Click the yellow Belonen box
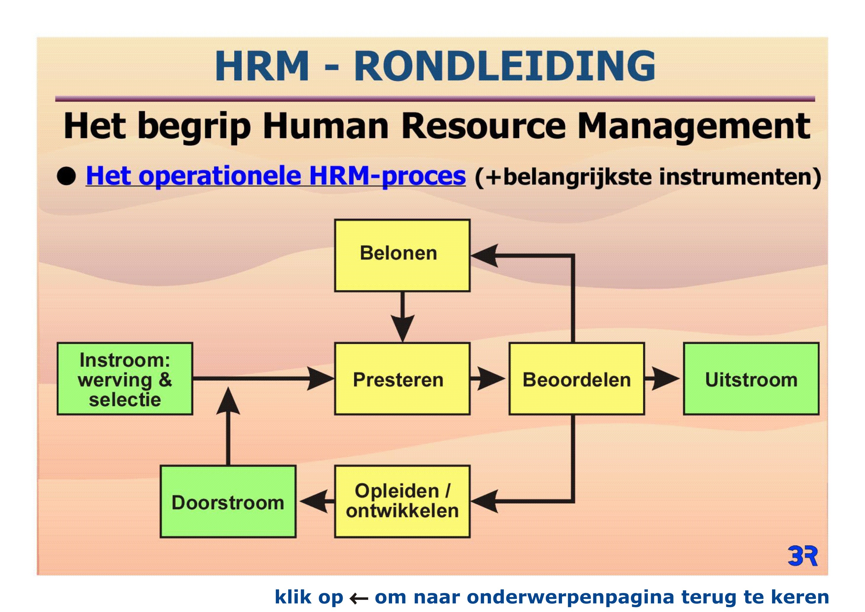[x=402, y=256]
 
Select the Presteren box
[x=402, y=379]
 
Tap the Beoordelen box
[x=576, y=379]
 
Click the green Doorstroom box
[x=228, y=502]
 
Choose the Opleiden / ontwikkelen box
[x=402, y=502]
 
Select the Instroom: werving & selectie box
[x=125, y=379]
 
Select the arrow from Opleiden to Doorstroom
[x=317, y=502]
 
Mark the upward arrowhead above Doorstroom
[x=228, y=401]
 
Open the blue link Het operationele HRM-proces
[x=276, y=176]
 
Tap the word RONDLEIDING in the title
[x=505, y=66]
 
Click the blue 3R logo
[x=803, y=556]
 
